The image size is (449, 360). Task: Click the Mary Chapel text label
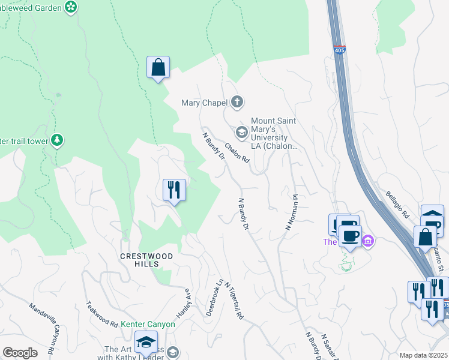pos(204,103)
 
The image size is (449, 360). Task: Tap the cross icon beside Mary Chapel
pos(237,102)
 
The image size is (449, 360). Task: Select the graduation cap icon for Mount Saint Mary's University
pos(241,132)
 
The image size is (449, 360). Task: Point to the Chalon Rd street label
pos(237,152)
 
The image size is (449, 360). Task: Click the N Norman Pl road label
pos(291,212)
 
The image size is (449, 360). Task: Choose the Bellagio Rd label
pos(397,206)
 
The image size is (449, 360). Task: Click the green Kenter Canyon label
pos(148,324)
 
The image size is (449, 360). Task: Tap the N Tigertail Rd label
pos(235,301)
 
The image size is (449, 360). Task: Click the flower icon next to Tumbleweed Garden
pos(71,7)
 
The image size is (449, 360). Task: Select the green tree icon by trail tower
pos(57,140)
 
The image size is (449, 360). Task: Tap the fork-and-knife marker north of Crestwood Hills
pos(174,190)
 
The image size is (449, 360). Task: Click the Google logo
pos(20,353)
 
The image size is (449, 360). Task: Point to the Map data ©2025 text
pos(423,355)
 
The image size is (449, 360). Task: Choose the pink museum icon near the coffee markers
pos(368,242)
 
